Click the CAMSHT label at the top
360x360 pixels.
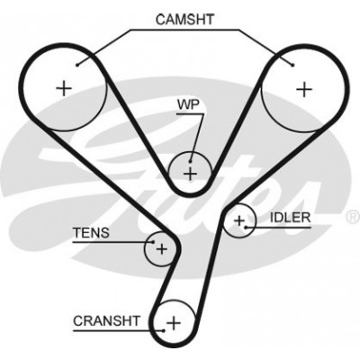tap(184, 20)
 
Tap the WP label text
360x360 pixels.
tap(188, 105)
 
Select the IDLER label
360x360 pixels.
tap(290, 218)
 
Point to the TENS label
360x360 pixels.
tap(92, 233)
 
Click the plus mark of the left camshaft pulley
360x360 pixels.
tap(64, 88)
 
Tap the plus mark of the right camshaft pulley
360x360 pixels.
tap(304, 89)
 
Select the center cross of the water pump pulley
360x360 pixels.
tap(190, 174)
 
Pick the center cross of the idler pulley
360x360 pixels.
tap(239, 221)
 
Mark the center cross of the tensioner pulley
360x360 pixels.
tap(162, 249)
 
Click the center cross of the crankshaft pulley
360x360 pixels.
tap(174, 323)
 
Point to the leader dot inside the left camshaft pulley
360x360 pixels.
tap(77, 65)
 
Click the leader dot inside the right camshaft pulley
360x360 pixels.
tap(292, 65)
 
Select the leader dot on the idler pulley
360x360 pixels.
tap(246, 227)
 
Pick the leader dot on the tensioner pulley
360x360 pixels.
tap(153, 242)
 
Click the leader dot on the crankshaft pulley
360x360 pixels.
tap(164, 331)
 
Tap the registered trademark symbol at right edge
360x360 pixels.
tap(354, 217)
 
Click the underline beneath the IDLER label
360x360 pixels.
tap(278, 227)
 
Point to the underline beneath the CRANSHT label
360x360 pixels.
tap(119, 331)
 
